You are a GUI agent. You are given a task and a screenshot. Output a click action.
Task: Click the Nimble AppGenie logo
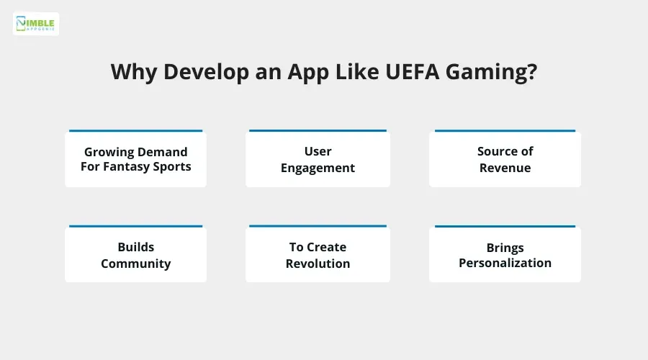pyautogui.click(x=36, y=24)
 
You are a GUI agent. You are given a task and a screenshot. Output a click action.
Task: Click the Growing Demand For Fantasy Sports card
pyautogui.click(x=135, y=159)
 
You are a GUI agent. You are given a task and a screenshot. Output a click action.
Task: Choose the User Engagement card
pyautogui.click(x=318, y=159)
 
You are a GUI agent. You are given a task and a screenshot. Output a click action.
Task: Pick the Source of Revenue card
pyautogui.click(x=505, y=159)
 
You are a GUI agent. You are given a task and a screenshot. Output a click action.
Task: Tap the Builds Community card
pyautogui.click(x=135, y=255)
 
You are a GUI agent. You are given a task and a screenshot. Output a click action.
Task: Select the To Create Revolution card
pyautogui.click(x=318, y=255)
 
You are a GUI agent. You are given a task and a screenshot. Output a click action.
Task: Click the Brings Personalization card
pyautogui.click(x=505, y=255)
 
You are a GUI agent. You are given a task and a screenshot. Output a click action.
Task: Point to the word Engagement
pyautogui.click(x=318, y=168)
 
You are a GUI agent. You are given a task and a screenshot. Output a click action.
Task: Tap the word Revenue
pyautogui.click(x=505, y=168)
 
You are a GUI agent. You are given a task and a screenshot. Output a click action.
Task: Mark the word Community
pyautogui.click(x=135, y=264)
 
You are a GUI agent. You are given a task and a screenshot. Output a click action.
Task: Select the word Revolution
pyautogui.click(x=318, y=264)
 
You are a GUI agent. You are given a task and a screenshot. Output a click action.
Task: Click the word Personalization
pyautogui.click(x=505, y=263)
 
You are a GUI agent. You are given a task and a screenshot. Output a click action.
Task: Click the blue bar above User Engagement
pyautogui.click(x=318, y=131)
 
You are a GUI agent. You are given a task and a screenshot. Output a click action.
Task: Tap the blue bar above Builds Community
pyautogui.click(x=135, y=227)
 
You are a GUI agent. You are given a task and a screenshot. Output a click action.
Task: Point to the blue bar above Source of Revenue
pyautogui.click(x=505, y=131)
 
